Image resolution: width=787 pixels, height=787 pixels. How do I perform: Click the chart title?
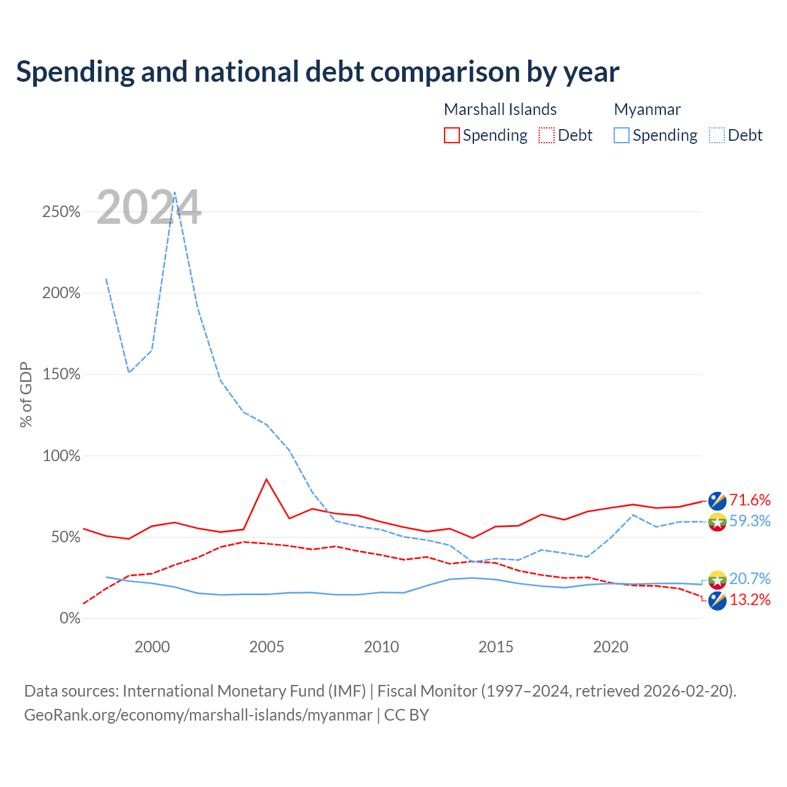click(317, 72)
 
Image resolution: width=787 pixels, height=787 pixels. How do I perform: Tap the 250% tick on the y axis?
click(61, 212)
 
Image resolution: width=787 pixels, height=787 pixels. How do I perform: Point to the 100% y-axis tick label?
click(61, 456)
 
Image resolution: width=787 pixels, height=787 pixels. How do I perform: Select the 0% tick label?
click(70, 618)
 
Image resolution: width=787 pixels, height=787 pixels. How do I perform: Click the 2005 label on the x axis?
click(266, 647)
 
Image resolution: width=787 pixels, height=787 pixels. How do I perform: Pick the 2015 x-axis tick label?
click(496, 647)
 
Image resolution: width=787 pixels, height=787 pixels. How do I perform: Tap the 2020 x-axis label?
click(611, 647)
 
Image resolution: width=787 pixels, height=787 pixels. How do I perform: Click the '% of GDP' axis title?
click(26, 395)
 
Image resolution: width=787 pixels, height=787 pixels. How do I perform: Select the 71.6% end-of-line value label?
click(750, 500)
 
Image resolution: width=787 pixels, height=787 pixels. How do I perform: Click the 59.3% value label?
click(750, 521)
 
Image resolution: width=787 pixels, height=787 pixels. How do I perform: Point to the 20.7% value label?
click(750, 579)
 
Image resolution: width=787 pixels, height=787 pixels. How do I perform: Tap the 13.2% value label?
click(750, 599)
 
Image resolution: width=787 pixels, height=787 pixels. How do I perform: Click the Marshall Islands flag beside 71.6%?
click(717, 501)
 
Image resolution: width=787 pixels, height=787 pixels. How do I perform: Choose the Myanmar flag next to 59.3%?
click(717, 522)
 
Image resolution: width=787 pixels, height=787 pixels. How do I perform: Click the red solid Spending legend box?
click(452, 135)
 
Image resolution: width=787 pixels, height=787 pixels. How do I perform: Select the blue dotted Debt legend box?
click(717, 135)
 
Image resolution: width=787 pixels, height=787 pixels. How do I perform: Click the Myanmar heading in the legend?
click(647, 109)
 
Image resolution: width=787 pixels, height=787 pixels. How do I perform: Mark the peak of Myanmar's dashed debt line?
click(175, 192)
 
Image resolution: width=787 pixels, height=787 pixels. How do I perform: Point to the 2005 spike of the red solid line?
click(267, 479)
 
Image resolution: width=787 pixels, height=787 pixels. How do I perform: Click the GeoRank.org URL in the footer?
click(199, 714)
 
